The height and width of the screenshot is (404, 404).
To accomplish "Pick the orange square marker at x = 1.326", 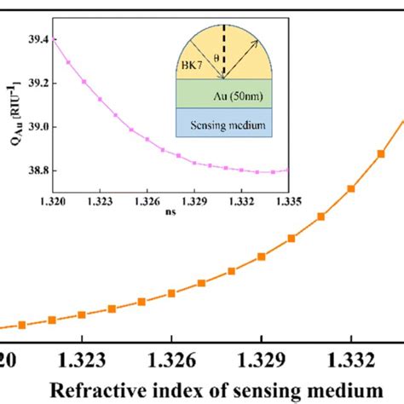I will coord(171,294).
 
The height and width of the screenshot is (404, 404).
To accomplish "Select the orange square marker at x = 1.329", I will coord(261,256).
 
